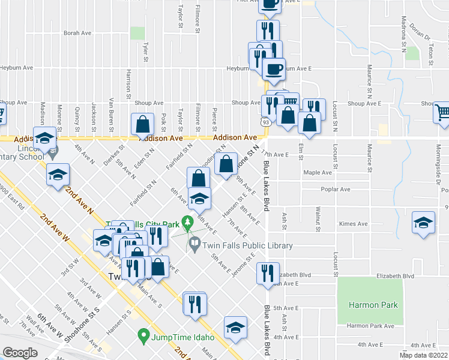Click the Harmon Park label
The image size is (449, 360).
click(373, 305)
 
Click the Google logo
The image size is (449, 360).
click(20, 353)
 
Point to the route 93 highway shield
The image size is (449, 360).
click(265, 122)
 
